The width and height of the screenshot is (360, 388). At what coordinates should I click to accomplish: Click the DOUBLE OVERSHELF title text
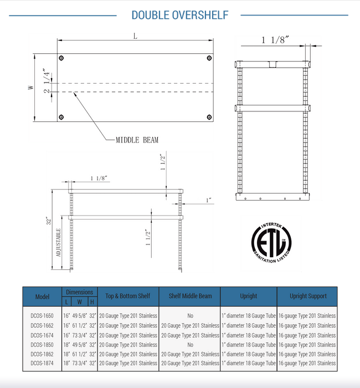click(x=179, y=16)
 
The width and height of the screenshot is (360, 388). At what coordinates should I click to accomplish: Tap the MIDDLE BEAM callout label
click(x=137, y=140)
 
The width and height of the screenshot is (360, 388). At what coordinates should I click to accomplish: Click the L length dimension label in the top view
click(x=135, y=36)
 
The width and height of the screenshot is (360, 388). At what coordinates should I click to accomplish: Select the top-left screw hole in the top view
click(x=61, y=58)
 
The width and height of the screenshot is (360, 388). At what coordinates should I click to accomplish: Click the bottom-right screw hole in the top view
click(x=209, y=116)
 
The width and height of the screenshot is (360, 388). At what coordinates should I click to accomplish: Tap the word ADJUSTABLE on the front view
click(x=58, y=244)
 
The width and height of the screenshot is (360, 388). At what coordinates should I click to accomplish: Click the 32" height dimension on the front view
click(x=49, y=220)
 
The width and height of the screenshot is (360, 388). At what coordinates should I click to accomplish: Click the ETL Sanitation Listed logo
click(x=271, y=243)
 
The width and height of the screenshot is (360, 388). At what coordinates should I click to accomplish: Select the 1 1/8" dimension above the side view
click(x=275, y=40)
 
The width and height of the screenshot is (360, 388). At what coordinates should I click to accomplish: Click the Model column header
click(x=42, y=297)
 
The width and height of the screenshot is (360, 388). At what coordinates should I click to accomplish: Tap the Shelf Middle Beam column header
click(x=190, y=296)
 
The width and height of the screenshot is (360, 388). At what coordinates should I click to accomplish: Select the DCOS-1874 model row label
click(x=42, y=364)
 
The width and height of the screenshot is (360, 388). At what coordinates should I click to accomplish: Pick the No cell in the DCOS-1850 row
click(x=190, y=345)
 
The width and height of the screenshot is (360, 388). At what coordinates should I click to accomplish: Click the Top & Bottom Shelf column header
click(x=128, y=296)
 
